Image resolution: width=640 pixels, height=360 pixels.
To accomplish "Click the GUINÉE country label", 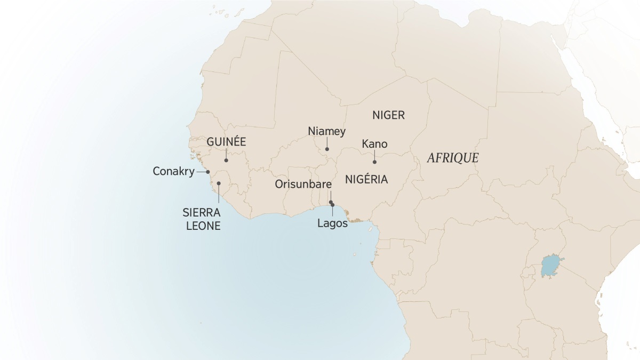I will point(226,142).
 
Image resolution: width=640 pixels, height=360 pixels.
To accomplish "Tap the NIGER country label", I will point(389,115).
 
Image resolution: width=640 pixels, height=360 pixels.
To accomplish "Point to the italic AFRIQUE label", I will point(452,158).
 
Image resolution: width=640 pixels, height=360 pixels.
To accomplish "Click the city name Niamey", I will point(327,131).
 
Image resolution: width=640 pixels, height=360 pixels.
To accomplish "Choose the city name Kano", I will point(374,144).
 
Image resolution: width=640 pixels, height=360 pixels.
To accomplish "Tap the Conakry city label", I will point(173,172).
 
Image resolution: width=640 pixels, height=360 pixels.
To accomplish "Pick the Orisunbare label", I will point(303,185).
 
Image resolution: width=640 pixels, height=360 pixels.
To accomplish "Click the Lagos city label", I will point(332,223).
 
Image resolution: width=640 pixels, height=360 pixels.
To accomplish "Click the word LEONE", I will point(203,226).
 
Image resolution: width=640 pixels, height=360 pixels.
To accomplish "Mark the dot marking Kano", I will point(374,162).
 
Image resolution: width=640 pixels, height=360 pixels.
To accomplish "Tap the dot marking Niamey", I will point(327,149).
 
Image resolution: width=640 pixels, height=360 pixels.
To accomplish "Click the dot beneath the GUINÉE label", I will point(226,160).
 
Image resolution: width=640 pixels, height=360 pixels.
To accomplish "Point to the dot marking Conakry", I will point(208,172).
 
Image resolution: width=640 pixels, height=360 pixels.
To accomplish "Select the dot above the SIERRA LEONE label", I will point(219,183).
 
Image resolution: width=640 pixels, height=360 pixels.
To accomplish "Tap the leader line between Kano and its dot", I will point(374,155).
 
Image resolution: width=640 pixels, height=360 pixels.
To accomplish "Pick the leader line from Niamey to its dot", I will point(327,143).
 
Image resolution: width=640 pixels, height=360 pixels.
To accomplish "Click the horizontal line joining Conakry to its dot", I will point(202,172).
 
